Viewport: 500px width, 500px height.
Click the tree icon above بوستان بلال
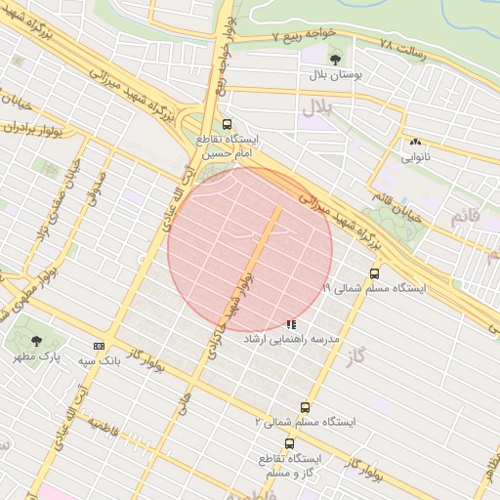click(x=335, y=60)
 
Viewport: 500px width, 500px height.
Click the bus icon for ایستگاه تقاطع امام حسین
click(x=227, y=124)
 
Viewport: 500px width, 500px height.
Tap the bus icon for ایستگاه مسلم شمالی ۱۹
click(x=374, y=274)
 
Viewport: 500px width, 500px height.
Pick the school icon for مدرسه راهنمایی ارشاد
click(x=290, y=324)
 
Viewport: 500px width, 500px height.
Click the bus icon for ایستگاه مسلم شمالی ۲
click(x=305, y=407)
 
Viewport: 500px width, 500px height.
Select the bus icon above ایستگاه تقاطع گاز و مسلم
click(x=288, y=443)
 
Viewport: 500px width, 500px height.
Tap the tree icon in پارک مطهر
click(x=36, y=341)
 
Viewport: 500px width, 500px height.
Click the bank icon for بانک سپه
click(x=99, y=346)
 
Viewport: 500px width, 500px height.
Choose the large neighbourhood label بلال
click(x=317, y=104)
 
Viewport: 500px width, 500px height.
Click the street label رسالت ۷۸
click(x=402, y=47)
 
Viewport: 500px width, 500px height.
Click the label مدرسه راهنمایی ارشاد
click(x=323, y=338)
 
